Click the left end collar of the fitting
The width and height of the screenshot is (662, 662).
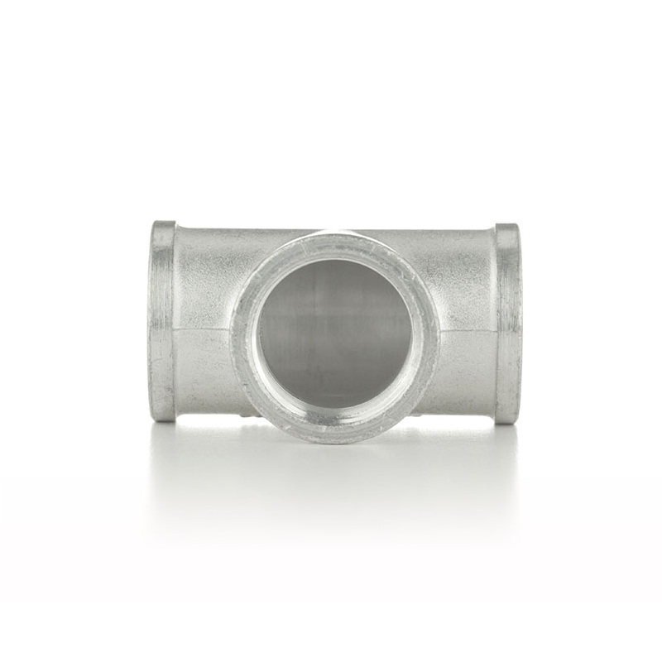pyautogui.click(x=162, y=321)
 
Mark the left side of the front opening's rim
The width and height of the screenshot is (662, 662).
pyautogui.click(x=244, y=335)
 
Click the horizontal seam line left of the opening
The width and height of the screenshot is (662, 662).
pyautogui.click(x=207, y=330)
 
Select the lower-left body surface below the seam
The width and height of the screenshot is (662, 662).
pyautogui.click(x=207, y=372)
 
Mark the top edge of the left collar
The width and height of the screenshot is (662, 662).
pyautogui.click(x=163, y=223)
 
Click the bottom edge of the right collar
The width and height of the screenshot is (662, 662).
pyautogui.click(x=508, y=422)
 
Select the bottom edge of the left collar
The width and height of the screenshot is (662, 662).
pyautogui.click(x=163, y=420)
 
